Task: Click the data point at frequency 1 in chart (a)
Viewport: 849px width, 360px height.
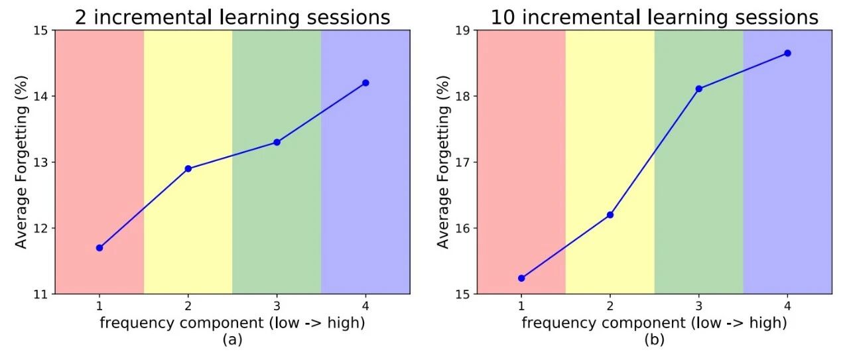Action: click(x=99, y=248)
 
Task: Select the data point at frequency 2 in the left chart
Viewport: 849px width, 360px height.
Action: click(x=188, y=168)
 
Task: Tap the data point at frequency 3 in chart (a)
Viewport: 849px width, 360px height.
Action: click(x=277, y=142)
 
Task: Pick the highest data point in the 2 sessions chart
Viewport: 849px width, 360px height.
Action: click(x=365, y=83)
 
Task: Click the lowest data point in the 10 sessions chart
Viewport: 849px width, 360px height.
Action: click(x=521, y=278)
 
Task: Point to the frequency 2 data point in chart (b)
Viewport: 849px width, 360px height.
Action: click(x=610, y=215)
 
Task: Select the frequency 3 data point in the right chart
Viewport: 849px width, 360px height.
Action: click(x=698, y=89)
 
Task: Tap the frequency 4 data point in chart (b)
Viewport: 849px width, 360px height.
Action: click(x=787, y=53)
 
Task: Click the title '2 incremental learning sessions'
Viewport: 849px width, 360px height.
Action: click(x=232, y=17)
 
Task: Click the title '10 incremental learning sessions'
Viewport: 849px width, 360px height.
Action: click(x=655, y=17)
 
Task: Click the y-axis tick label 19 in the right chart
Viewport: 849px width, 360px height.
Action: click(x=462, y=30)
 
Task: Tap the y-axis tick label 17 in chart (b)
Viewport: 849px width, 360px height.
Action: click(x=462, y=162)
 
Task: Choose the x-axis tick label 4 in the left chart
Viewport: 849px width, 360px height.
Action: click(x=365, y=306)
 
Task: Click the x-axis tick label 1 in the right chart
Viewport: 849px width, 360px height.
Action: click(x=521, y=306)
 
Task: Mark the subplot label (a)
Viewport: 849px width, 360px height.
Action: click(x=232, y=339)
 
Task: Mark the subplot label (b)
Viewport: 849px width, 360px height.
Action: click(x=655, y=339)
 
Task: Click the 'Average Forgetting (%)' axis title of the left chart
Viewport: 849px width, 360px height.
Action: click(x=21, y=162)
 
